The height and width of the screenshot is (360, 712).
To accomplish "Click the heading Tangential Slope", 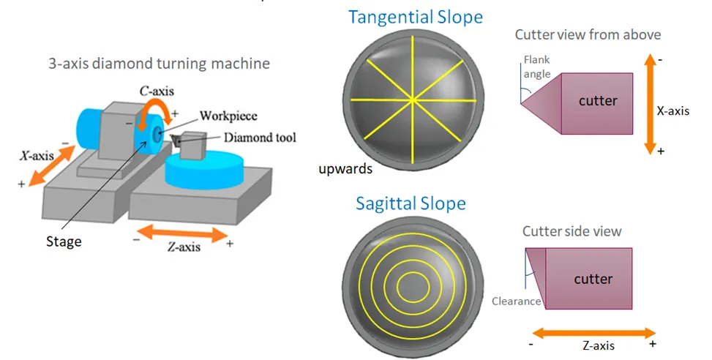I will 415,17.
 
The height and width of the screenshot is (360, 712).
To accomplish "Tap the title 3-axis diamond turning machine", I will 159,64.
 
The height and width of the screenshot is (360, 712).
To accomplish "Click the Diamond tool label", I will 259,137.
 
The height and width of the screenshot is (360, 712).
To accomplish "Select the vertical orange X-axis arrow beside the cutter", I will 648,103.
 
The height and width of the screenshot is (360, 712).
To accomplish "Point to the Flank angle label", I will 536,67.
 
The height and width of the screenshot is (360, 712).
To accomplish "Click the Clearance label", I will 517,301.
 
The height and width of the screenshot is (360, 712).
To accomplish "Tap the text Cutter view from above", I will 588,35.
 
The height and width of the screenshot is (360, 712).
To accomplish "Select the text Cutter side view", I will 572,231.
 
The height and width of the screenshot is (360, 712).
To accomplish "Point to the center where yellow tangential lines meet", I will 413,100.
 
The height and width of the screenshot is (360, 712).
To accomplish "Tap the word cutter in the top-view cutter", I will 598,101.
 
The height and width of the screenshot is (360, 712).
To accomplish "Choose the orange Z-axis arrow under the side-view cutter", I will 592,334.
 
